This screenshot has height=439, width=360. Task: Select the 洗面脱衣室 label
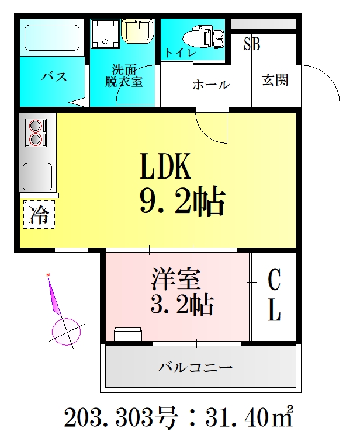[124, 75]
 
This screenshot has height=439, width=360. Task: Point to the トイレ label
[180, 52]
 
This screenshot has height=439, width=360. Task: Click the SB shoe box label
[251, 44]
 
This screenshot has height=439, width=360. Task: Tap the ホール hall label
[211, 85]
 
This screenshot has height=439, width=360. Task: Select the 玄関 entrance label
[275, 80]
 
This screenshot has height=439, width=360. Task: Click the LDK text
[165, 166]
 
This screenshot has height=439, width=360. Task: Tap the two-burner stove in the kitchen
[36, 132]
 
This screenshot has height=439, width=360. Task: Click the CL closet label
[275, 295]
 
